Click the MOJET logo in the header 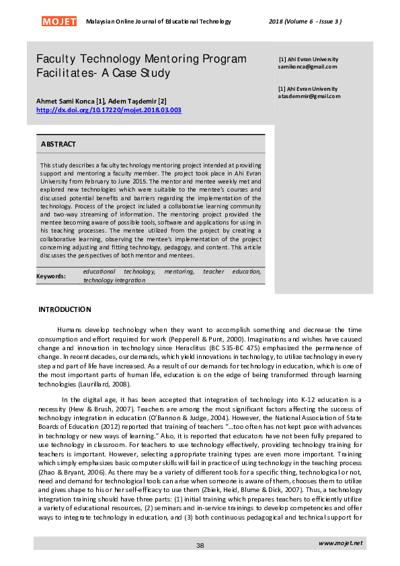59,22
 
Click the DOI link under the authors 108,110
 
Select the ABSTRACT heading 58,145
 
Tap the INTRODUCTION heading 65,310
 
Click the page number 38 200,545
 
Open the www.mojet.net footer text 341,543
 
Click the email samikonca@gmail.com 307,67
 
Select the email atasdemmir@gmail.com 309,96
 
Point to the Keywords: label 51,276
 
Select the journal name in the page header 159,22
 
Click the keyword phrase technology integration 114,280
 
